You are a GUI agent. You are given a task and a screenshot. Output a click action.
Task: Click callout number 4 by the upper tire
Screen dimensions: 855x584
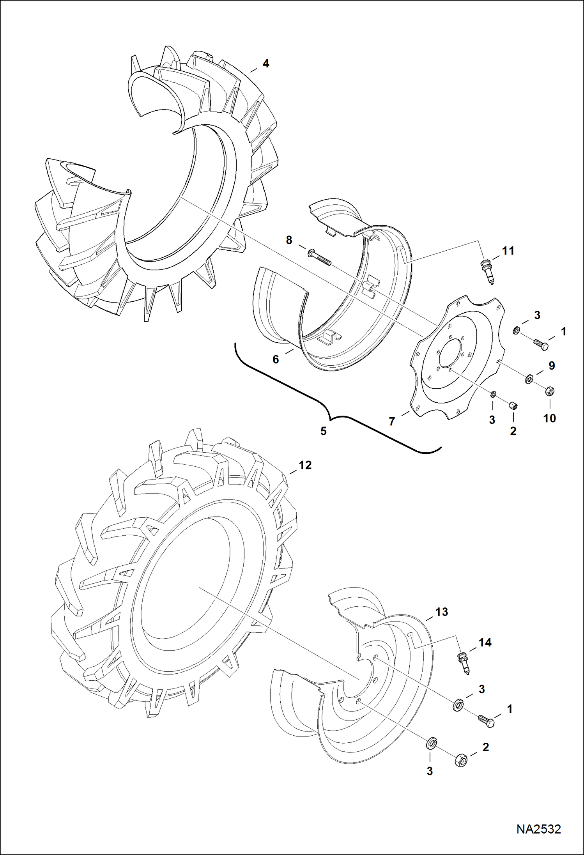coord(266,64)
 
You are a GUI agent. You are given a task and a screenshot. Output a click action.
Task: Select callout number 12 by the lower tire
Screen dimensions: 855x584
coord(305,465)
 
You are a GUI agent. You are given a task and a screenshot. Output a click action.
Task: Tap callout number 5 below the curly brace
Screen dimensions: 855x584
coord(323,431)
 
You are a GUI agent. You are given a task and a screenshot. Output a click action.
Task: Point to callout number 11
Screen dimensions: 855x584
coord(508,251)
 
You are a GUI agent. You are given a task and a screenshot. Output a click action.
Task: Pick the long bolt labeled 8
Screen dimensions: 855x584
coord(320,258)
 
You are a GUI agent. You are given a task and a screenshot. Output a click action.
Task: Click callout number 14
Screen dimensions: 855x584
coord(485,643)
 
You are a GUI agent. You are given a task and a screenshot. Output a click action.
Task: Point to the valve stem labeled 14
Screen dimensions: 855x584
coord(464,663)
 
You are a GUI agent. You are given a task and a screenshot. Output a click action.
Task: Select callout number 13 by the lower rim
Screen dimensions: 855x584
coord(441,612)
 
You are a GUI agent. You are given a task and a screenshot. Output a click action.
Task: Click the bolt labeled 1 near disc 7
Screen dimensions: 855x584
coord(540,344)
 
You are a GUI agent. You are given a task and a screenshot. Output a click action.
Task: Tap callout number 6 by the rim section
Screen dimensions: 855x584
coord(276,359)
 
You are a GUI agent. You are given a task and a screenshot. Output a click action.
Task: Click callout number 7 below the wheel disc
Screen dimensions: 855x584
coord(392,421)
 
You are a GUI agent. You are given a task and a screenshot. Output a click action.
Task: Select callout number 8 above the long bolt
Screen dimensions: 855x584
coord(289,240)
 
